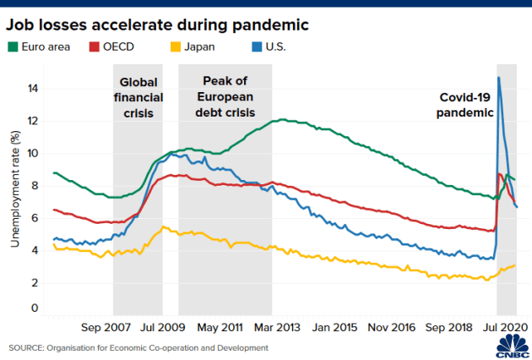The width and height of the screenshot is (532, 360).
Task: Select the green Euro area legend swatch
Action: [13, 46]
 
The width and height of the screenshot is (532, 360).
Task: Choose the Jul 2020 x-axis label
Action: [505, 326]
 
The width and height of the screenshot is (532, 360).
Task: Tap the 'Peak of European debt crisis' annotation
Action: [225, 97]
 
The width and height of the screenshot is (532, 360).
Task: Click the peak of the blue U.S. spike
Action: [499, 77]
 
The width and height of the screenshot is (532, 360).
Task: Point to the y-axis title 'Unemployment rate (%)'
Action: [14, 191]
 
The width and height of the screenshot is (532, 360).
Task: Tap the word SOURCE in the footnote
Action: [26, 347]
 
